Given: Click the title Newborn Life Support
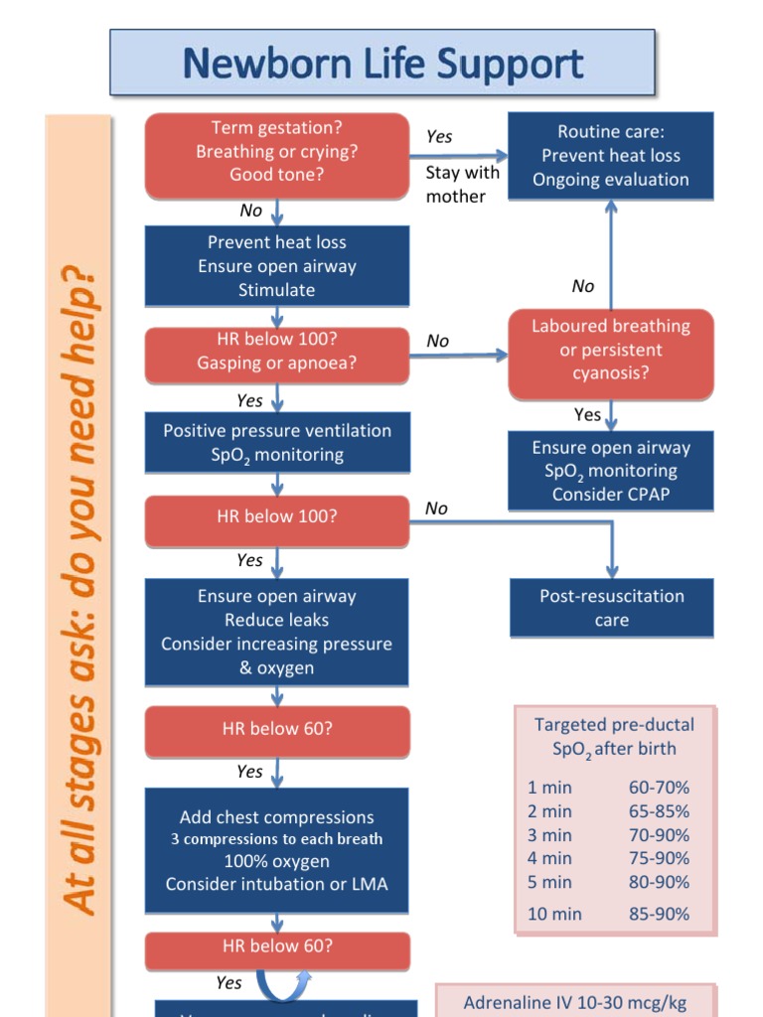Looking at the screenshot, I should click(382, 65).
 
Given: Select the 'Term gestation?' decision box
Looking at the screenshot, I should click(277, 152).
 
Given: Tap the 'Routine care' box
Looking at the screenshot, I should click(610, 156).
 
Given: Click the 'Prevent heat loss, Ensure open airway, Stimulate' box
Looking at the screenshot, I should click(277, 266).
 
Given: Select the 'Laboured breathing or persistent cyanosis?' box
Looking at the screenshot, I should click(610, 351).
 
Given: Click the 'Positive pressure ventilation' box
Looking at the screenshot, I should click(277, 443).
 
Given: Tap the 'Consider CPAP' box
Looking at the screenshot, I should click(610, 471).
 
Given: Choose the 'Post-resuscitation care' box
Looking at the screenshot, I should click(611, 608).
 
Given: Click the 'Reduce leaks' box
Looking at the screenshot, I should click(277, 632).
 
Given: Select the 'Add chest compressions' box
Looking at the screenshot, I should click(277, 850).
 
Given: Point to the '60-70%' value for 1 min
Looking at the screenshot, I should click(659, 788).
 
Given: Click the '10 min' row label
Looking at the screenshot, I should click(554, 914).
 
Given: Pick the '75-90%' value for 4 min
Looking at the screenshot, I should click(659, 858).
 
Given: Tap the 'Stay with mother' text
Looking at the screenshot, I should click(462, 185).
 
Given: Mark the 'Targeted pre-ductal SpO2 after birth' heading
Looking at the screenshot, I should click(615, 737).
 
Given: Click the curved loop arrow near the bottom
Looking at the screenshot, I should click(283, 987).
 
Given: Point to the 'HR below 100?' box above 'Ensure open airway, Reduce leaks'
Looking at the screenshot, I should click(277, 517).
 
